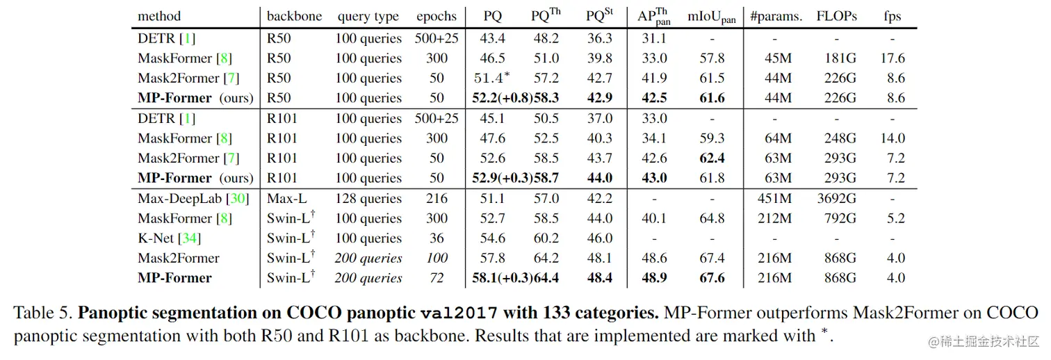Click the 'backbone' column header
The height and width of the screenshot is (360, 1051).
point(294,16)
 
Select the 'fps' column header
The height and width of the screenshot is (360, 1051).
point(892,16)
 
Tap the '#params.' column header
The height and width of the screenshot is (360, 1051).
point(776,16)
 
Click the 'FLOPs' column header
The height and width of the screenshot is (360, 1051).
point(836,16)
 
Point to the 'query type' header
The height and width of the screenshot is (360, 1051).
point(368,16)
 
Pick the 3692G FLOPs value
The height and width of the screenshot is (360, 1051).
point(836,199)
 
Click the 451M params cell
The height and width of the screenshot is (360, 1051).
point(775,199)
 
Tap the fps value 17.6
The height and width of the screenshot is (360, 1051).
point(893,58)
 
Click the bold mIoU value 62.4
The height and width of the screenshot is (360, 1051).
point(712,158)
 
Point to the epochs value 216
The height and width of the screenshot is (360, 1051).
point(437,199)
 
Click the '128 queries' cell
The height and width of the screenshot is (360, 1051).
point(368,199)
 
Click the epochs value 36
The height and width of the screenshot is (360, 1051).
point(437,238)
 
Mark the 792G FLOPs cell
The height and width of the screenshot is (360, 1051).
point(836,219)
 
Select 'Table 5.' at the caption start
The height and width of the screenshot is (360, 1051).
point(43,313)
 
